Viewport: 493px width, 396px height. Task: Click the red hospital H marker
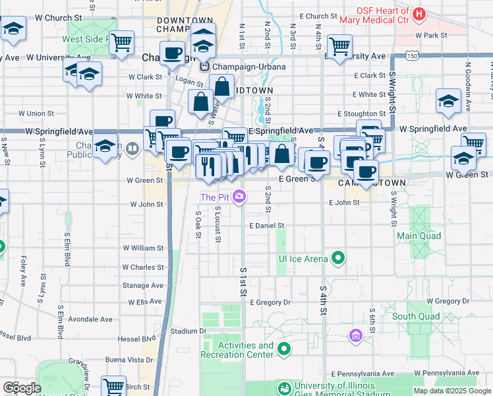pyautogui.click(x=418, y=14)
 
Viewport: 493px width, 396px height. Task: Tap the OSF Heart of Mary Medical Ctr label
pyautogui.click(x=382, y=16)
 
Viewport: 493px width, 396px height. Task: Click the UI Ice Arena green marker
pyautogui.click(x=339, y=258)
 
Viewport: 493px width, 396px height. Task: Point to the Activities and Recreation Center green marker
pyautogui.click(x=284, y=348)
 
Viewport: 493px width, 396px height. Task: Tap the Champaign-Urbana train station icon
pyautogui.click(x=204, y=67)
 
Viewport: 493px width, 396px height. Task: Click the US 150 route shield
pyautogui.click(x=412, y=57)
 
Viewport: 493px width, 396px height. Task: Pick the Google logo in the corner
pyautogui.click(x=22, y=388)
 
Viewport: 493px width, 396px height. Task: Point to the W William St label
pyautogui.click(x=143, y=248)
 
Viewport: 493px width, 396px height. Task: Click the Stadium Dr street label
pyautogui.click(x=188, y=331)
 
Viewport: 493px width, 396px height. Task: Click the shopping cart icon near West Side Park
pyautogui.click(x=121, y=43)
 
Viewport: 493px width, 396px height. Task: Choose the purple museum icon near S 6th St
pyautogui.click(x=356, y=336)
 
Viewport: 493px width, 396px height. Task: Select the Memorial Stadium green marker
pyautogui.click(x=285, y=388)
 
